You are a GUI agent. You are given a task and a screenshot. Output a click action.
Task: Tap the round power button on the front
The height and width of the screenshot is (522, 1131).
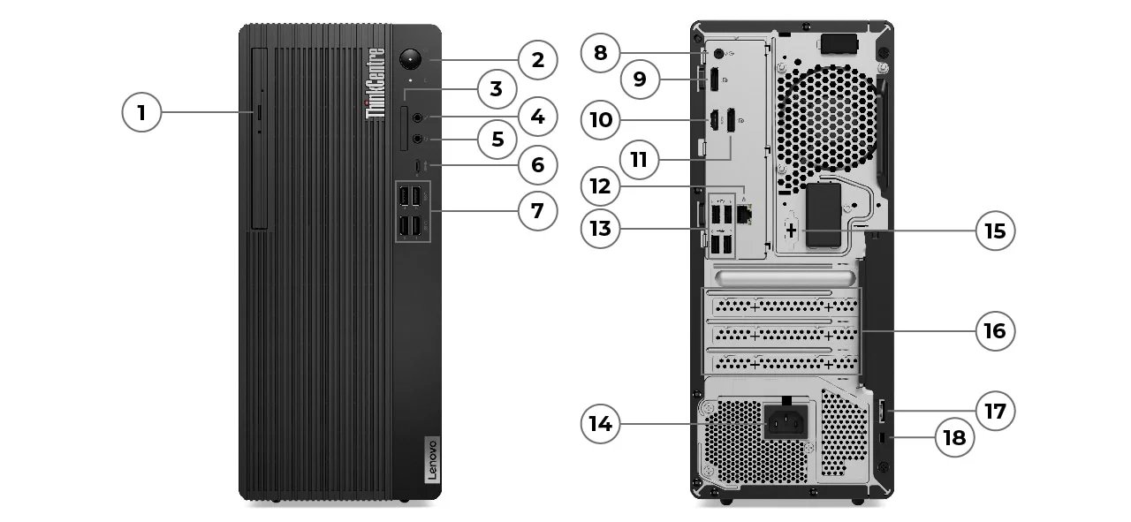click(x=411, y=59)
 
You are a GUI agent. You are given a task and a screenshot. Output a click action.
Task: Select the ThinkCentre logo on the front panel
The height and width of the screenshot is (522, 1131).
click(x=376, y=83)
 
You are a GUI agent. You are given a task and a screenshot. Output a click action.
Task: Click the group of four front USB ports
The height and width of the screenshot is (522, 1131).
click(x=413, y=211)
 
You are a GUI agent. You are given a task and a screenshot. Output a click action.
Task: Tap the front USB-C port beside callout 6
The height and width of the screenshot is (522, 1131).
click(x=418, y=164)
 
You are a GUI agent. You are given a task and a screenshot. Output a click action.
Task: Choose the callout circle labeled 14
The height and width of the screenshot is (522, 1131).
click(x=600, y=423)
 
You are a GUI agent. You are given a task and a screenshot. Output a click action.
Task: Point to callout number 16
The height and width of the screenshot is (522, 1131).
click(x=995, y=330)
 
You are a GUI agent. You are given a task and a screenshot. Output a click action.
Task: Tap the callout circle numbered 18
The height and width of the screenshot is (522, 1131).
click(x=955, y=437)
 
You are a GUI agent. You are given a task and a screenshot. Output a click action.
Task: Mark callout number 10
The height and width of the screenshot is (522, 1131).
click(x=601, y=119)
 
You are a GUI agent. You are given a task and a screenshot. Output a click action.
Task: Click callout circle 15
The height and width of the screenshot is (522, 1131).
click(x=995, y=231)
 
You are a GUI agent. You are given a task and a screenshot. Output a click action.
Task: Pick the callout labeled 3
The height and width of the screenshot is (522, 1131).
click(x=496, y=88)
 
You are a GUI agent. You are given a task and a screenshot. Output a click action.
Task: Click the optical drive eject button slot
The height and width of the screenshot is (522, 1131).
click(x=259, y=112)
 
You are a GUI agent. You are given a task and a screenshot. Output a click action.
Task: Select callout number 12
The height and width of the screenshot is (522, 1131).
click(x=601, y=186)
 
